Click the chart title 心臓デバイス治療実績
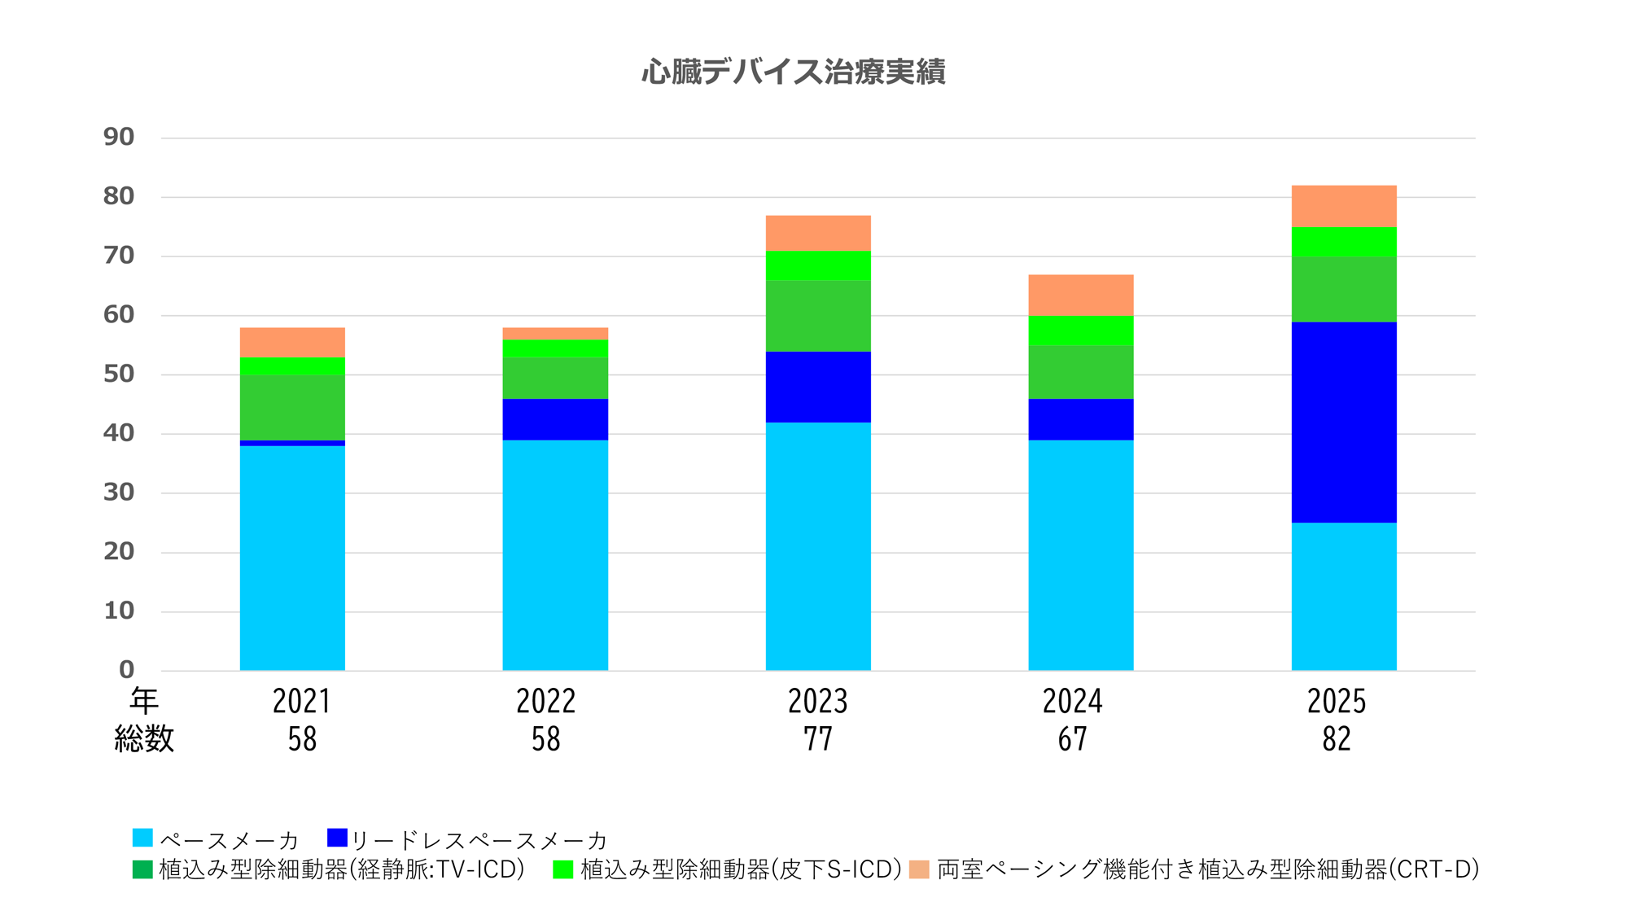794,72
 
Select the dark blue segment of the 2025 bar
1343,422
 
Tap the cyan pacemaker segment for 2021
292,558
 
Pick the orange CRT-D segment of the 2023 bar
818,233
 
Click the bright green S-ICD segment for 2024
1080,330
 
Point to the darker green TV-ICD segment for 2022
555,378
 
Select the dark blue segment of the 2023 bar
818,387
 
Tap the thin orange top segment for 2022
555,334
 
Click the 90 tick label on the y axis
119,137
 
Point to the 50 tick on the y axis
119,374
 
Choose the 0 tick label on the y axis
126,670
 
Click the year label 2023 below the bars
818,702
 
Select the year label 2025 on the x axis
1337,702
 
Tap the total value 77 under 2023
818,739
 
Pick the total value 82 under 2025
1337,739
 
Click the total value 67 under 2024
1073,739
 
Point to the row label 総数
144,739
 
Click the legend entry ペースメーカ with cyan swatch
216,839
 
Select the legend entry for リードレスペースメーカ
468,839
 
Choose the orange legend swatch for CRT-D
919,869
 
